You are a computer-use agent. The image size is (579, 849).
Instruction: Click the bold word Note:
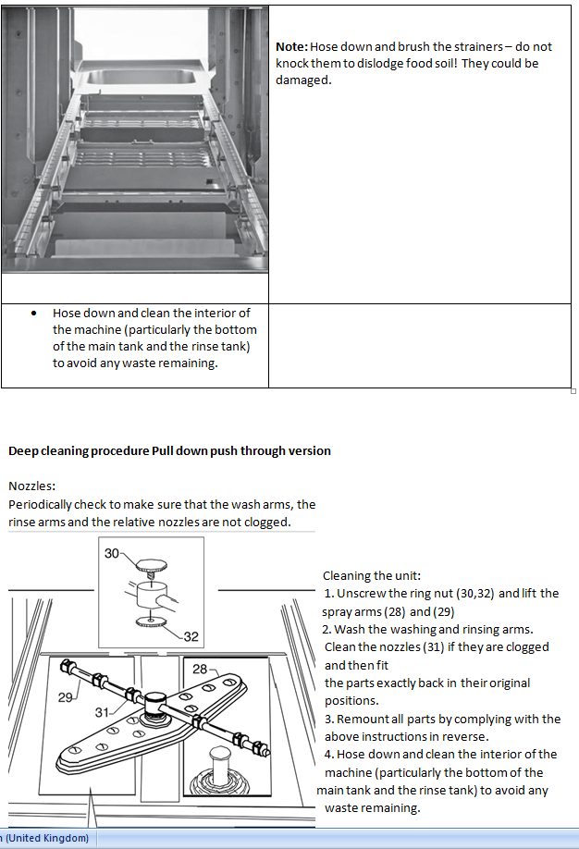pyautogui.click(x=291, y=46)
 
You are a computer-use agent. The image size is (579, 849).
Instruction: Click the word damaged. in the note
pyautogui.click(x=302, y=80)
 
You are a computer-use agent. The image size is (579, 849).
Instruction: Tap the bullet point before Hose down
pyautogui.click(x=34, y=314)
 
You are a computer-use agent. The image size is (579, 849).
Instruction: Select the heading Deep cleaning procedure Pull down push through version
pyautogui.click(x=169, y=451)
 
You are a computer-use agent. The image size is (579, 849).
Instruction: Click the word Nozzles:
pyautogui.click(x=32, y=486)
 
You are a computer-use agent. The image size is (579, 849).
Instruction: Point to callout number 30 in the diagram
pyautogui.click(x=112, y=554)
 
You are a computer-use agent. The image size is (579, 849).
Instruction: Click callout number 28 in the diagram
pyautogui.click(x=200, y=668)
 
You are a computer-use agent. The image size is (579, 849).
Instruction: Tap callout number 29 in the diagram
pyautogui.click(x=66, y=697)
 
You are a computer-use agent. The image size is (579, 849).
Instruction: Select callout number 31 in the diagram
pyautogui.click(x=104, y=712)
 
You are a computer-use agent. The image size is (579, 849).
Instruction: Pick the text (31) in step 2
pyautogui.click(x=434, y=646)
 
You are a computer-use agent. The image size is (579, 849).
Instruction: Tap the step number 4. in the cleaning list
pyautogui.click(x=329, y=754)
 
